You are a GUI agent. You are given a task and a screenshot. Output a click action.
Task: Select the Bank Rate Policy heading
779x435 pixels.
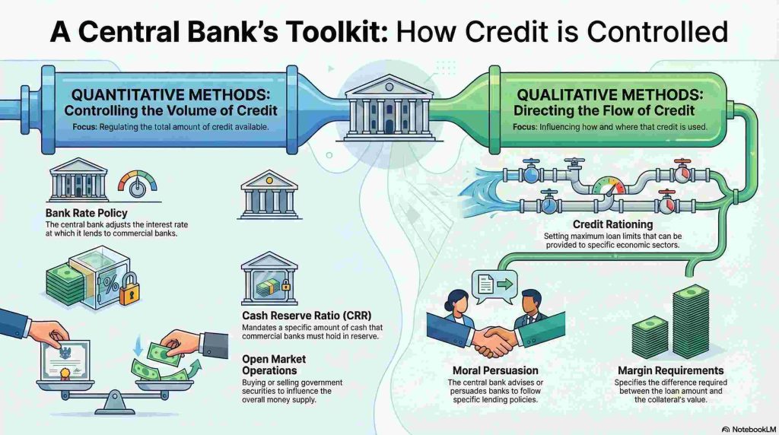pos(86,213)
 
